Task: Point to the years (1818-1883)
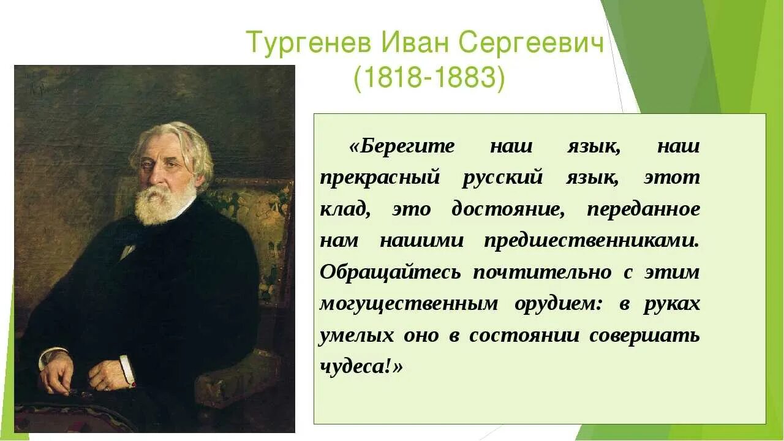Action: pos(429,79)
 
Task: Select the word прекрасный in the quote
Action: pos(380,178)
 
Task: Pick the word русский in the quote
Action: pos(503,178)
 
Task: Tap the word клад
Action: pos(345,209)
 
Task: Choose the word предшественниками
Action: pos(592,241)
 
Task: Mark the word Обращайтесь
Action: pos(390,273)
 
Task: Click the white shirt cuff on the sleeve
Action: pos(127,370)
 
